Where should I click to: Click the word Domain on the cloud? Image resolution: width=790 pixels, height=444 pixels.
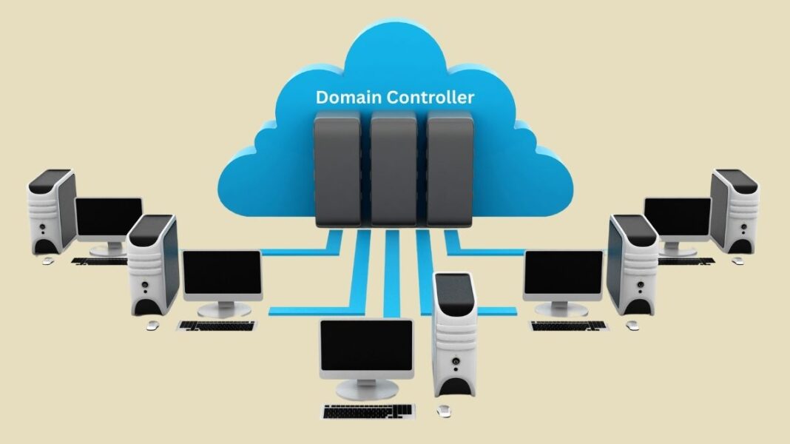(347, 97)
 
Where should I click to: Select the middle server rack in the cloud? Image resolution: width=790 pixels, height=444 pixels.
(394, 169)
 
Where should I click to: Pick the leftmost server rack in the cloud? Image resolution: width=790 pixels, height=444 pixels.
(337, 169)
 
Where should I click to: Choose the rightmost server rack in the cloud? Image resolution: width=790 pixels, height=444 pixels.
(450, 169)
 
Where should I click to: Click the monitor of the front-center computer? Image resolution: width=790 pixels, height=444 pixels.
(366, 347)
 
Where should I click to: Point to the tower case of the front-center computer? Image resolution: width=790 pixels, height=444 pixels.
(454, 337)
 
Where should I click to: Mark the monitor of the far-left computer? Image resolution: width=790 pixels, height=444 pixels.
(109, 219)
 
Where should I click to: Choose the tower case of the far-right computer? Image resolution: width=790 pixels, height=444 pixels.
(735, 211)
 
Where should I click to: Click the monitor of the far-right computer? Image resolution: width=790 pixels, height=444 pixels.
(677, 219)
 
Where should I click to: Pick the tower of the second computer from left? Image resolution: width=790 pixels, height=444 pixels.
(152, 263)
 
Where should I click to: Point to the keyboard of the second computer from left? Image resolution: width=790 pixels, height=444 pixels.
(216, 325)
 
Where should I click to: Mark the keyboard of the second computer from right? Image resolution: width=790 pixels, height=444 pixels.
(568, 325)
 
